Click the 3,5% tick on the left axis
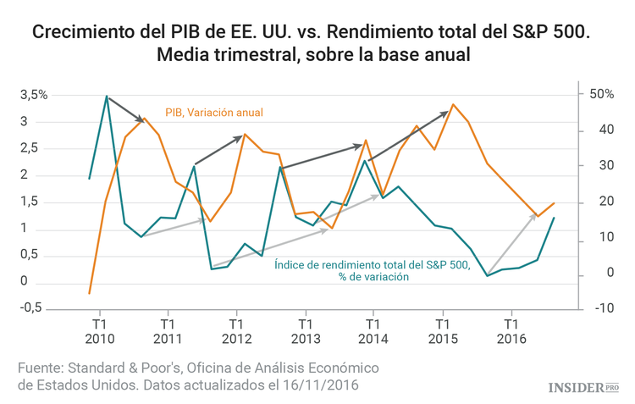[34, 95]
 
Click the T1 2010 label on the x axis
[99, 330]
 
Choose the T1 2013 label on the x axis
[304, 330]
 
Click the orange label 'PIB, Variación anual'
[215, 113]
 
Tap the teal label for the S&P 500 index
[372, 270]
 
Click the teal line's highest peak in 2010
[106, 96]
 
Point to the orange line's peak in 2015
[453, 104]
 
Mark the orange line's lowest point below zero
[89, 293]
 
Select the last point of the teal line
[555, 218]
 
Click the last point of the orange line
[555, 202]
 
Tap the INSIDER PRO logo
[584, 388]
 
